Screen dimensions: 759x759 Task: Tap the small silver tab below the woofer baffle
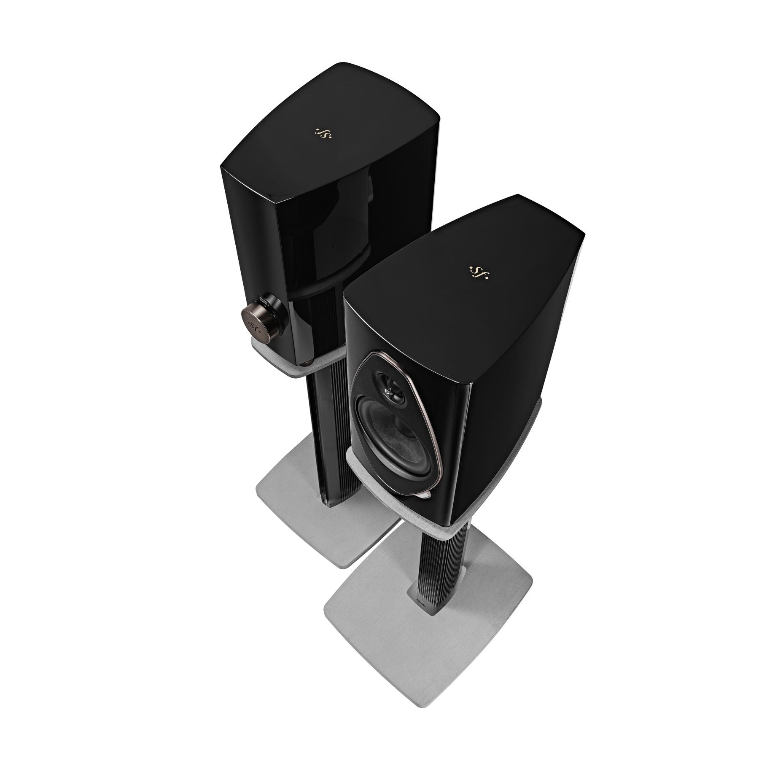coord(426,495)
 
